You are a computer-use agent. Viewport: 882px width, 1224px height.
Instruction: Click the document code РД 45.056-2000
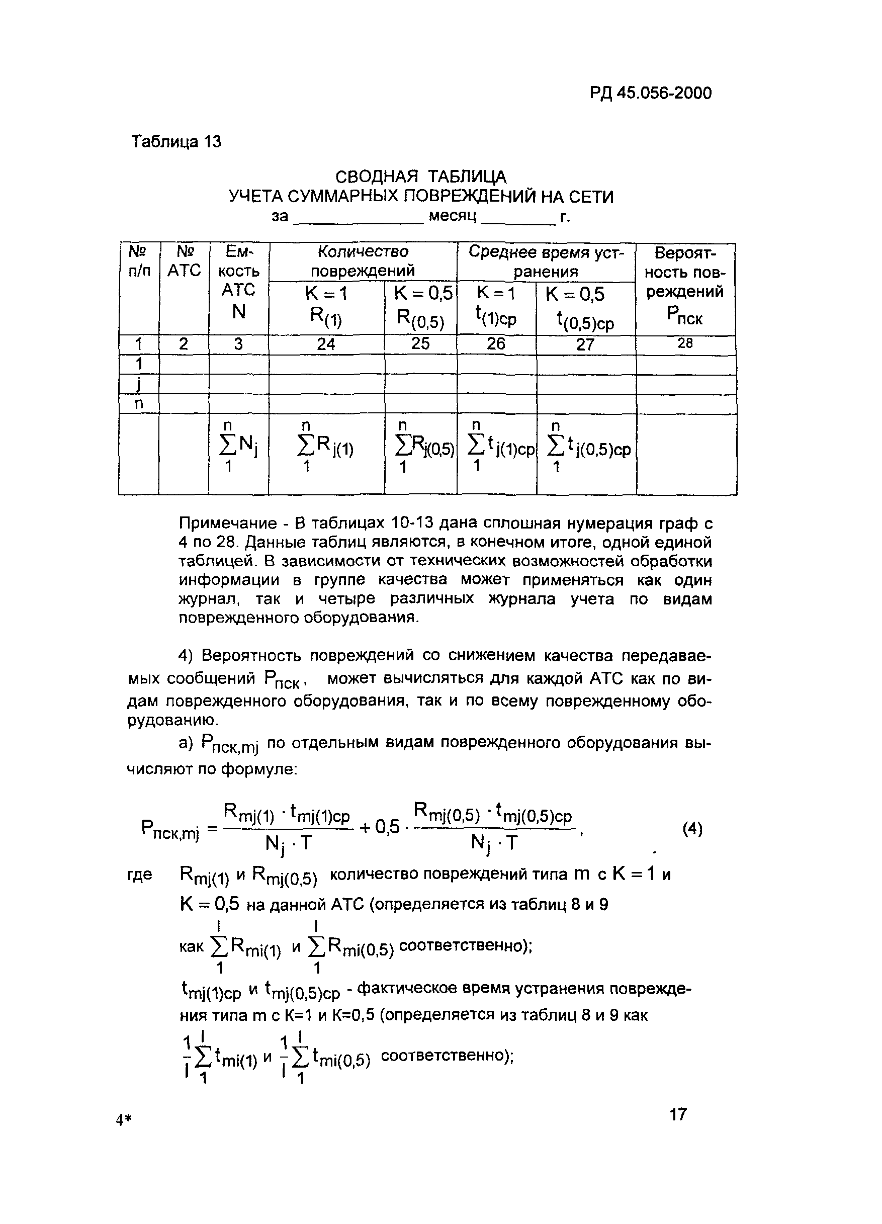point(650,94)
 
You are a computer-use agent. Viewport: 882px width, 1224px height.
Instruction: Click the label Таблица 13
point(177,141)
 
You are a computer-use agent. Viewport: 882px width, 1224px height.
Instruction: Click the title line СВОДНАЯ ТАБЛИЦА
point(420,177)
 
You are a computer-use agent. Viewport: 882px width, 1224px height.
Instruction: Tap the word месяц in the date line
point(453,216)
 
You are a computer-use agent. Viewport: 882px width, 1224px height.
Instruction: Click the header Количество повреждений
point(363,260)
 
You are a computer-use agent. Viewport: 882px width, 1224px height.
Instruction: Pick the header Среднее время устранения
point(546,261)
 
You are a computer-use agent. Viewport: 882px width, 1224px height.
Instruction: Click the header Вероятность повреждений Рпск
point(685,286)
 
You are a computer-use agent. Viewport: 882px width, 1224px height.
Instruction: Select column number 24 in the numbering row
point(326,344)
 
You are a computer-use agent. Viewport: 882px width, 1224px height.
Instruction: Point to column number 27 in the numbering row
point(585,344)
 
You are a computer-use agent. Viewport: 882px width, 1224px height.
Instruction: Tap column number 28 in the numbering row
point(685,343)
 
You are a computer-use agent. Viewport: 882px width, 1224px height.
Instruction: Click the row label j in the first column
point(139,384)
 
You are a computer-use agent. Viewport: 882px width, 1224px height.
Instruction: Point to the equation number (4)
point(692,828)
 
